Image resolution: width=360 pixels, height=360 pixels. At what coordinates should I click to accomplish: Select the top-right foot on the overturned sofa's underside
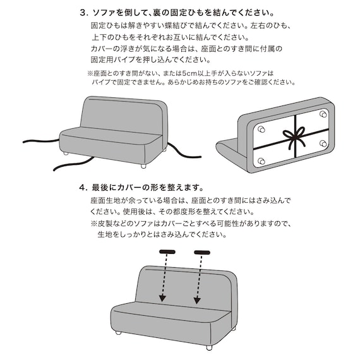[323, 114]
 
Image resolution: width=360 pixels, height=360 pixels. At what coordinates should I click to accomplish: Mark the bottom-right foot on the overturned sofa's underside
[323, 144]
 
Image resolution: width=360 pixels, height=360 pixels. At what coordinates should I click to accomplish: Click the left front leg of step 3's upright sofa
[66, 153]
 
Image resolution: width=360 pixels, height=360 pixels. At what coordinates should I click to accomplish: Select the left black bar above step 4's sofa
[167, 253]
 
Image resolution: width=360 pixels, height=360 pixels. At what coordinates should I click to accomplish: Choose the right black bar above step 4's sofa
[201, 253]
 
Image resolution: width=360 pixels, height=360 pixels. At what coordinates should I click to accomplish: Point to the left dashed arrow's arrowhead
[162, 297]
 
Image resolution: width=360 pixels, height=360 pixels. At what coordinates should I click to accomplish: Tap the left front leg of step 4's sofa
[117, 332]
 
